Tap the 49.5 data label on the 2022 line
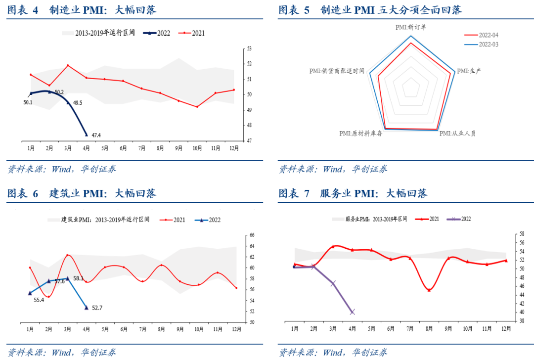78,103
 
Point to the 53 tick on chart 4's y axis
249,49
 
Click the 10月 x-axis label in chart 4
197,148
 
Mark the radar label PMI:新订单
410,28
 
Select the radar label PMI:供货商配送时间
337,71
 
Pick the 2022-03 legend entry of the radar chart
489,44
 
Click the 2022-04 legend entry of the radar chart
489,35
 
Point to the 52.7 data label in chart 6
97,308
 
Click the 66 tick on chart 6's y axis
252,235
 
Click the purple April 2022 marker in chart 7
352,312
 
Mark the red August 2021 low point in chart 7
429,290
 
